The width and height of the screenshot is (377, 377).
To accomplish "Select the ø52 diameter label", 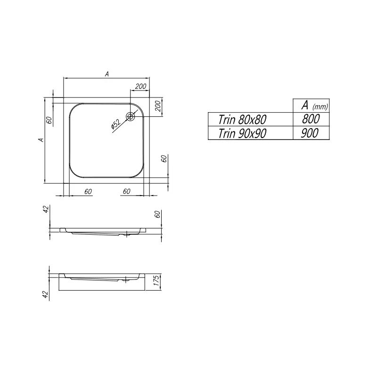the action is pos(116,124).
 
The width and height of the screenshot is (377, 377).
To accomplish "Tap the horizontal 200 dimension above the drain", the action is pos(140,86).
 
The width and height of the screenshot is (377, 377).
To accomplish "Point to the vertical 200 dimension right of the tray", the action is pos(158,106).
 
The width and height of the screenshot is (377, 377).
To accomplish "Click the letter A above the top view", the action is pos(107,74).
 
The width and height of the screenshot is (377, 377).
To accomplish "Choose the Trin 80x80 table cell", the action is pos(242,120).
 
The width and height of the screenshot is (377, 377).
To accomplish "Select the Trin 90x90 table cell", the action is pos(242,133).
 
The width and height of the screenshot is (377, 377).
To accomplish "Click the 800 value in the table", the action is pos(311,119).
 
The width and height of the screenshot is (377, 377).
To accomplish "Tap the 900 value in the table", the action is pos(310,133).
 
